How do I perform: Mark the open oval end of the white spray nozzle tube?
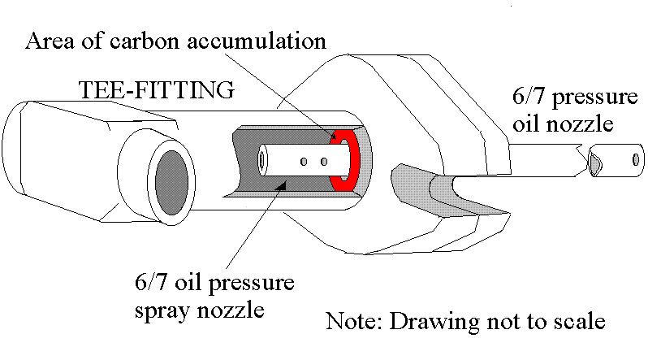[x=263, y=159]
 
